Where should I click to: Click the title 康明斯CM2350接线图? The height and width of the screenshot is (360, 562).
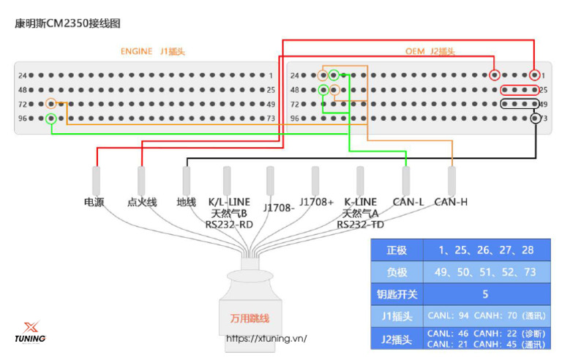tap(67, 23)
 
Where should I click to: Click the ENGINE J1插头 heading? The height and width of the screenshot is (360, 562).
tap(153, 51)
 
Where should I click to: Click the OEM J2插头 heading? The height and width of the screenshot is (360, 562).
tap(430, 51)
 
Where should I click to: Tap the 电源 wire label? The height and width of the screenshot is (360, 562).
tap(94, 202)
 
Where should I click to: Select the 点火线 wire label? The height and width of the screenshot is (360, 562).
tap(142, 202)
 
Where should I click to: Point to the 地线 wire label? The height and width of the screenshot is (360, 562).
tap(187, 202)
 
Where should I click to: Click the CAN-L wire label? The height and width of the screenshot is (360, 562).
tap(408, 202)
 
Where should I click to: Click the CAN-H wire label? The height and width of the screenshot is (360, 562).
tap(451, 202)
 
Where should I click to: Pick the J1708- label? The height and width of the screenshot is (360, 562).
tap(279, 208)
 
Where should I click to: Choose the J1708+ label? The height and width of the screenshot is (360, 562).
tap(316, 202)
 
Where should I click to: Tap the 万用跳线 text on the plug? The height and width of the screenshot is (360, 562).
tap(250, 318)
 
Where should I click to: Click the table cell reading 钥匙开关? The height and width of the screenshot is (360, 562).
tap(397, 294)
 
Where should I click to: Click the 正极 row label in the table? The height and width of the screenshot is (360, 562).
tap(397, 250)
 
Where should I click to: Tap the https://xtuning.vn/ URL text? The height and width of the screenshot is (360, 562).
tap(266, 338)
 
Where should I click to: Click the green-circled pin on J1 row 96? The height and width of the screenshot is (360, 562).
tap(51, 119)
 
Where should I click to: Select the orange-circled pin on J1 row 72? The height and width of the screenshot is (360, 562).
tap(51, 104)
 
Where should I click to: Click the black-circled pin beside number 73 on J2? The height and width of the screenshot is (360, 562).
tap(535, 119)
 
